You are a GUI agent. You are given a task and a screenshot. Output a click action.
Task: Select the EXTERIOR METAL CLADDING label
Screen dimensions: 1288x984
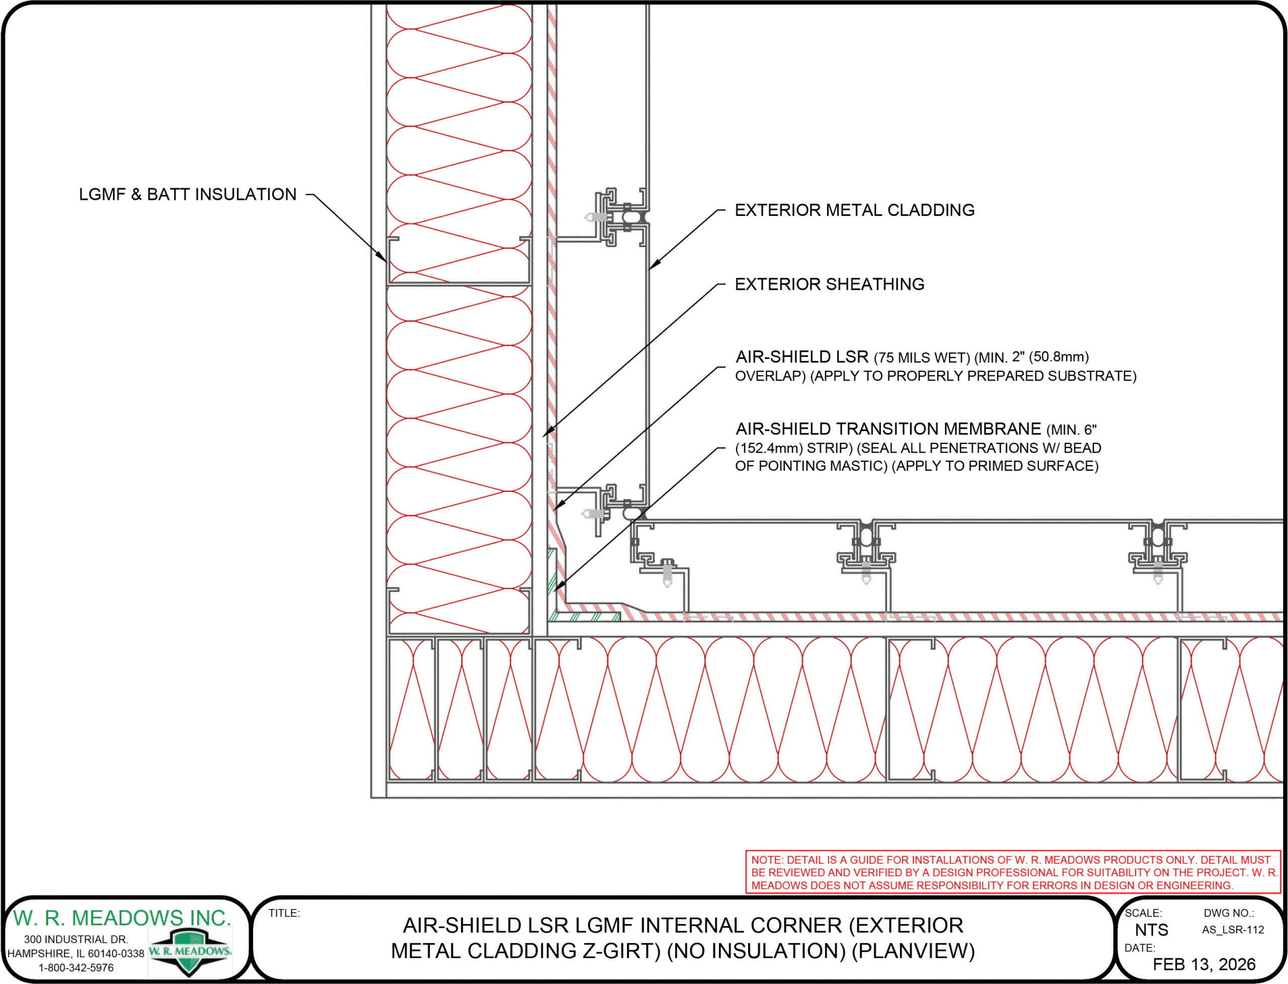click(x=854, y=210)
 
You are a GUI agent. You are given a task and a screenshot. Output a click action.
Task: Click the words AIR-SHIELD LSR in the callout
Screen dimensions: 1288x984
click(x=802, y=357)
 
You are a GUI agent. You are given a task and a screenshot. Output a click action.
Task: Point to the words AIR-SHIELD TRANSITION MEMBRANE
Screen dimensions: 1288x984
click(x=888, y=429)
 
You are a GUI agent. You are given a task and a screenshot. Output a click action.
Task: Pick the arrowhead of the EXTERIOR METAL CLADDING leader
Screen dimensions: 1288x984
click(x=655, y=264)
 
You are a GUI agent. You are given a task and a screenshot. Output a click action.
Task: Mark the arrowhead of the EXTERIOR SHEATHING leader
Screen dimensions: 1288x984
click(x=548, y=432)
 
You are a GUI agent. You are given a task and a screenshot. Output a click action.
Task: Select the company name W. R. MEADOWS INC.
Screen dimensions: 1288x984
click(x=122, y=918)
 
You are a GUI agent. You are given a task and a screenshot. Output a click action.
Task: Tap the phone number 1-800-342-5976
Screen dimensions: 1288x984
click(x=76, y=967)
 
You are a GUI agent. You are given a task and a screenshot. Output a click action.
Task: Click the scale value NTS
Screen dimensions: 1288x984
click(x=1151, y=930)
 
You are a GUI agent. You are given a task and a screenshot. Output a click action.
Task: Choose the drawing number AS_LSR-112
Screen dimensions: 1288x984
click(x=1233, y=930)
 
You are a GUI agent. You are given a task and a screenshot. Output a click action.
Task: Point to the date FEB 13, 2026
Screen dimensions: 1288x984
click(x=1204, y=965)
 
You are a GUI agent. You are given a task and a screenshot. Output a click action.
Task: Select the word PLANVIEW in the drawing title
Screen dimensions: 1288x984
click(x=913, y=951)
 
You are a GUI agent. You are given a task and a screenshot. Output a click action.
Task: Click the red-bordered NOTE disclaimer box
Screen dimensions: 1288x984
click(x=1013, y=872)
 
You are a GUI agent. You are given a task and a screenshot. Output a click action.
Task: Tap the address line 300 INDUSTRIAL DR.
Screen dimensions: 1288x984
click(x=76, y=940)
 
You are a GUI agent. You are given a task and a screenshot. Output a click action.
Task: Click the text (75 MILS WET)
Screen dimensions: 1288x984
click(x=922, y=357)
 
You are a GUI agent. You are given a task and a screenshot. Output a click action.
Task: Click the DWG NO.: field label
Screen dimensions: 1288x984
click(x=1229, y=913)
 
